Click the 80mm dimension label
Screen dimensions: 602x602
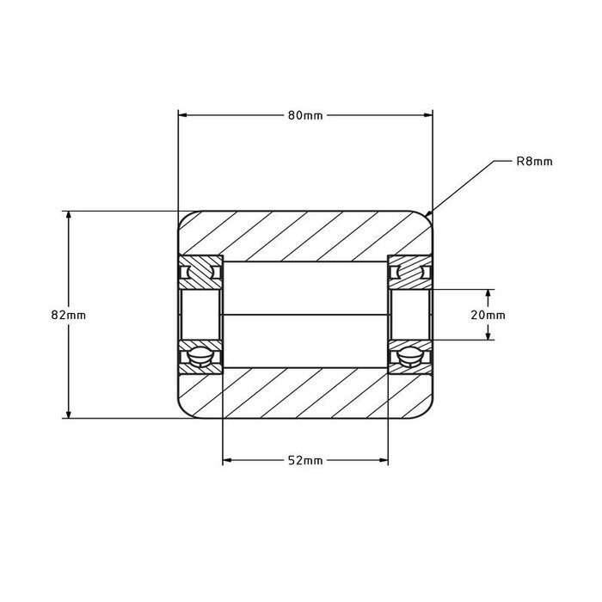coord(304,116)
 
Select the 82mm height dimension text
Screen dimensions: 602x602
coord(69,315)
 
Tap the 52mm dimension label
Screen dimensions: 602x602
coord(304,461)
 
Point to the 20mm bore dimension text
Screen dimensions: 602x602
coord(489,315)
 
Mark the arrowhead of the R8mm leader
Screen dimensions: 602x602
coord(430,213)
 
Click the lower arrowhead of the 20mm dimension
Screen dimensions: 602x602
coord(489,336)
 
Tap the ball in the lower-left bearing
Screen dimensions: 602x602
coord(200,356)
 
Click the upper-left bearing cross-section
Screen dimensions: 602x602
coord(200,273)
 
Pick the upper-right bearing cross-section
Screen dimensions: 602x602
coord(409,273)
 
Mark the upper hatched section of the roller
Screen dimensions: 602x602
coord(304,234)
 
